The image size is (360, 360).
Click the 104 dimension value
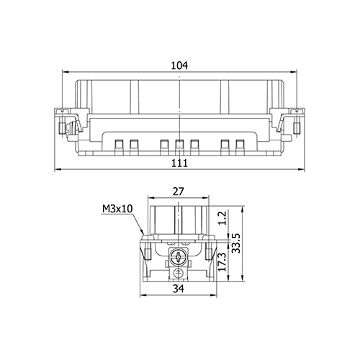[x=179, y=66]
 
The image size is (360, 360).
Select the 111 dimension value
[x=179, y=163]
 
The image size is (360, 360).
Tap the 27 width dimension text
[x=179, y=192]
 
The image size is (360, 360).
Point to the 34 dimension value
[x=179, y=289]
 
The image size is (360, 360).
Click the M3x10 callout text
[x=117, y=209]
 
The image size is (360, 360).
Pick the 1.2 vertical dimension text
[x=222, y=217]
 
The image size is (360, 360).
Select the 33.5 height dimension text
[x=236, y=243]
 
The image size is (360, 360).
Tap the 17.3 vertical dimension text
[x=222, y=262]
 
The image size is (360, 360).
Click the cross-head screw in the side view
[x=179, y=257]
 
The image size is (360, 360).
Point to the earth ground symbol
[x=178, y=272]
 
